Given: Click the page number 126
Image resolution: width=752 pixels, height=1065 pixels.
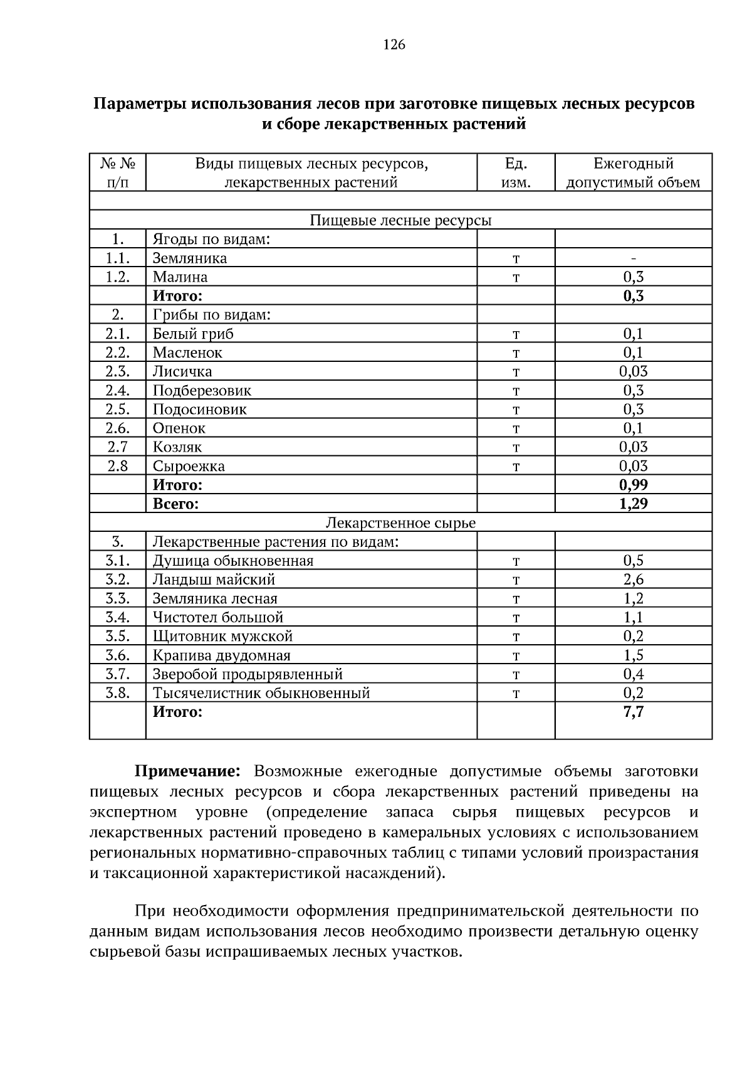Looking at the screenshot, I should tap(394, 45).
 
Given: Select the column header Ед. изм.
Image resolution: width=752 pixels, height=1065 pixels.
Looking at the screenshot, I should tap(516, 173).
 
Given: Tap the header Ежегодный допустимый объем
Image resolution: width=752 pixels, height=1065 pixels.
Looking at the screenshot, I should tap(633, 173).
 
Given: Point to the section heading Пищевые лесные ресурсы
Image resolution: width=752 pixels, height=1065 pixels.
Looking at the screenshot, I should tap(400, 221).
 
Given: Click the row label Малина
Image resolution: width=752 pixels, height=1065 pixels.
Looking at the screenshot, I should tap(180, 277).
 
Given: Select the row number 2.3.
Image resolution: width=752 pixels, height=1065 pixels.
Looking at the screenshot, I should tap(117, 372).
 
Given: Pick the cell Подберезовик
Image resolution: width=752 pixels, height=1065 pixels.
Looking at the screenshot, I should tap(202, 391).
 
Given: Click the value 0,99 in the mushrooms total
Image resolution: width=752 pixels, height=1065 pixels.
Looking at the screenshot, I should tap(633, 485).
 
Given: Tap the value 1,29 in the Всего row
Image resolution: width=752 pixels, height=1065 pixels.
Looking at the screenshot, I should tap(633, 504).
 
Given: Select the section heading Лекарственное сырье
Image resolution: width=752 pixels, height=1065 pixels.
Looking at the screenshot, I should tap(400, 523).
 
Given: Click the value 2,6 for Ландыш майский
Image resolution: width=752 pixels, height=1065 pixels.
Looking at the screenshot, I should tap(633, 580).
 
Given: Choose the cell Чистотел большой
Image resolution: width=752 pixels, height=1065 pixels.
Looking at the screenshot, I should tap(218, 618).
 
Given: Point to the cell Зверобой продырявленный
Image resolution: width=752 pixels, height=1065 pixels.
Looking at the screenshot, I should tap(248, 674).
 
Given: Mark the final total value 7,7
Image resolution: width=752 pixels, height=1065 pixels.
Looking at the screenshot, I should tap(633, 713).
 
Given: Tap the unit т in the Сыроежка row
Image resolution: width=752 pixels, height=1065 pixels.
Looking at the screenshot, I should tap(516, 467).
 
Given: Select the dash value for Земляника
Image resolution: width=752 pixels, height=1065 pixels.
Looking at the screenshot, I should tap(633, 258).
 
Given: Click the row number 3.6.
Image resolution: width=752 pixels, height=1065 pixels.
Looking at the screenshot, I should tap(117, 655).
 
